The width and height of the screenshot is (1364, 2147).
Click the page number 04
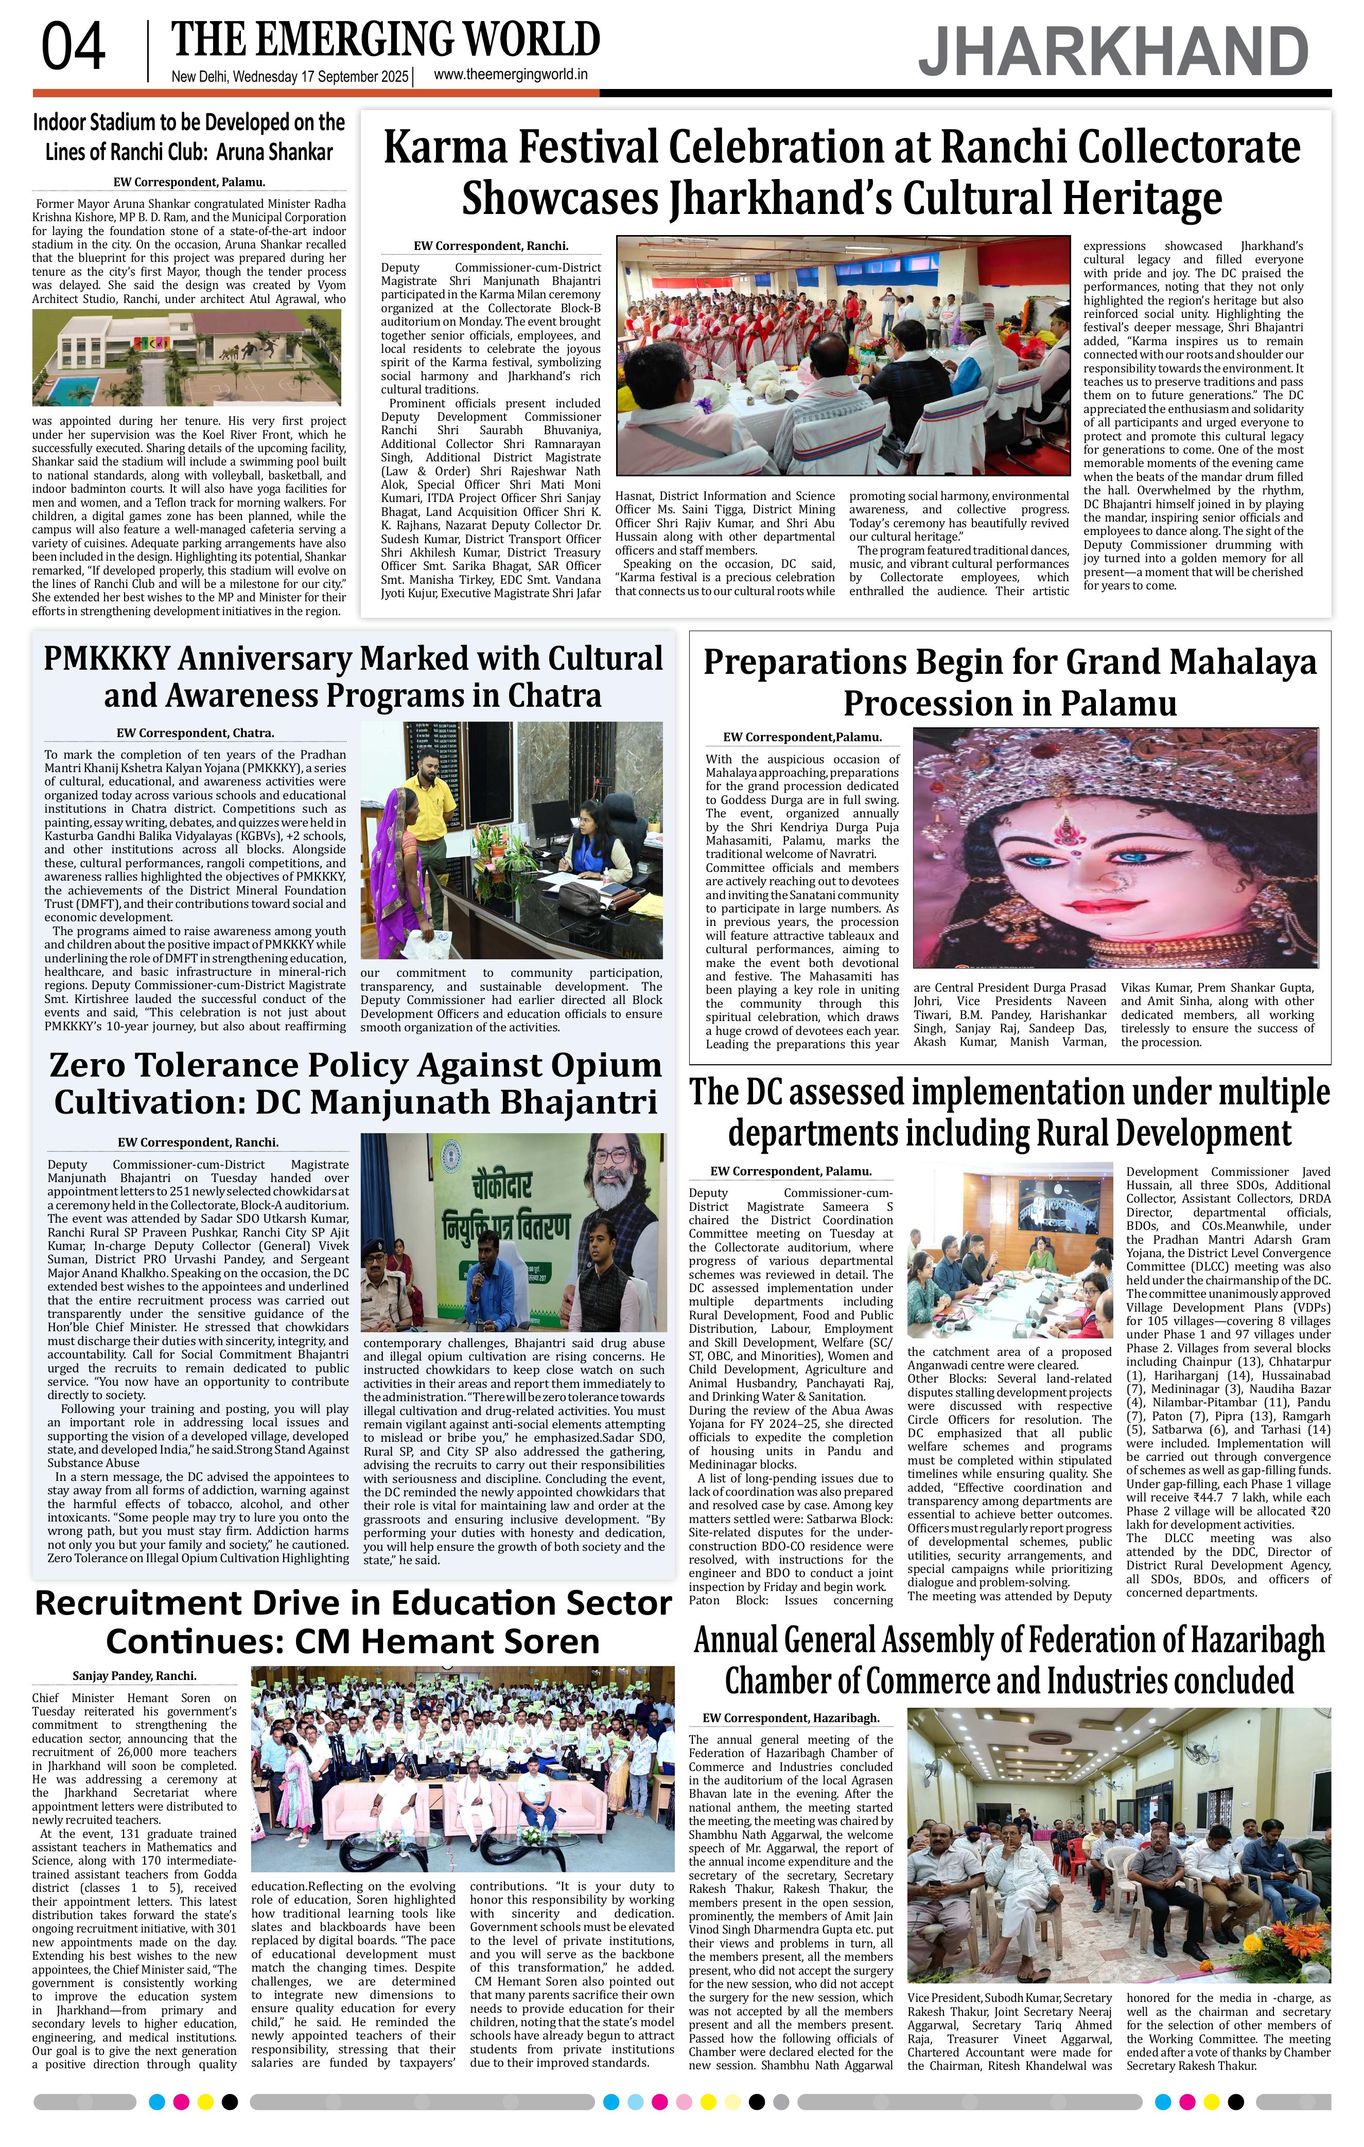point(73,48)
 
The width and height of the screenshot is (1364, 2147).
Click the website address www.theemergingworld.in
point(510,75)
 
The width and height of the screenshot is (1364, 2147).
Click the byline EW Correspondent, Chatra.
point(195,733)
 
